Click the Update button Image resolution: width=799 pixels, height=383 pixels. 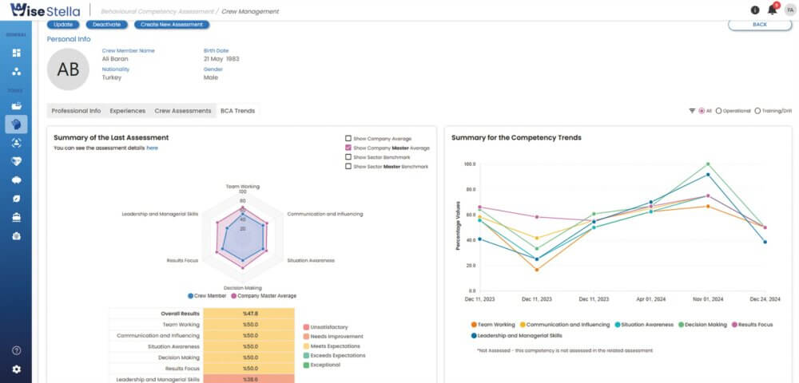click(x=63, y=25)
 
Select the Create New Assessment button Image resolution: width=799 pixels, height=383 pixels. click(x=172, y=25)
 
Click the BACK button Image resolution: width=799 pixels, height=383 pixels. click(x=759, y=25)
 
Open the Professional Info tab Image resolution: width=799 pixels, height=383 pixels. click(x=76, y=111)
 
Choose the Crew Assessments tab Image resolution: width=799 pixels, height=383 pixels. click(x=183, y=111)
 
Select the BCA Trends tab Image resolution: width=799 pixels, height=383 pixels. click(x=237, y=111)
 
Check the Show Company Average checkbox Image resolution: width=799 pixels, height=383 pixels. click(x=348, y=138)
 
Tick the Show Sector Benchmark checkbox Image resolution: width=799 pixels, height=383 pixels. click(x=348, y=157)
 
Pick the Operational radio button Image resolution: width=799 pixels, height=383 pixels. click(x=718, y=111)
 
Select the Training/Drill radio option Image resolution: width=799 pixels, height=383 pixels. click(x=757, y=111)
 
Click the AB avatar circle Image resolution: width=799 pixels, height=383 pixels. click(x=69, y=69)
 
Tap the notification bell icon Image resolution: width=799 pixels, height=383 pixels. click(x=772, y=10)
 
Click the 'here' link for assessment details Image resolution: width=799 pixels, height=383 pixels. click(x=152, y=148)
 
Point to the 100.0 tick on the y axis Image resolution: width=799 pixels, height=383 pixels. click(x=469, y=164)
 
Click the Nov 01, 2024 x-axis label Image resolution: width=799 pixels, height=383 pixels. click(x=707, y=298)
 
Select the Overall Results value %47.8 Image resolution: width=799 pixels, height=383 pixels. click(x=249, y=314)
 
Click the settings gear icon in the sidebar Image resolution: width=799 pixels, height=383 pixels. click(x=17, y=369)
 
